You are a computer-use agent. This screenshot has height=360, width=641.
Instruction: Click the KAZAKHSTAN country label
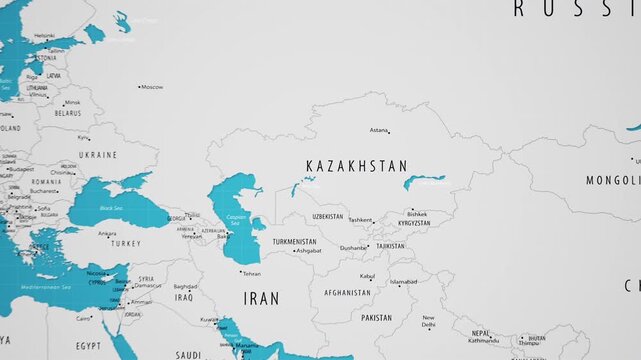356,166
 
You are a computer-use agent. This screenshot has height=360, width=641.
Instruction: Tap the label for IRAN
261,298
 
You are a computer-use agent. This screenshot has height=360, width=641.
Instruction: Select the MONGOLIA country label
613,181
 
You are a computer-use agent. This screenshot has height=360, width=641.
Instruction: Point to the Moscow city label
152,87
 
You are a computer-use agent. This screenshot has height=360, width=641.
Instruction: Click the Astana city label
379,130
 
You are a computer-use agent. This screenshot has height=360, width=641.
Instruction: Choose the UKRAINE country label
98,155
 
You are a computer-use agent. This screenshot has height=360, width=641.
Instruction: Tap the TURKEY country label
126,243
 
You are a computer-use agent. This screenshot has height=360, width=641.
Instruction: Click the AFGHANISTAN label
347,293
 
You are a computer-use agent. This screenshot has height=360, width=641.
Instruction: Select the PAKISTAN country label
377,318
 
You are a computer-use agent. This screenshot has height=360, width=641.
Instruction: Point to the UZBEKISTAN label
328,216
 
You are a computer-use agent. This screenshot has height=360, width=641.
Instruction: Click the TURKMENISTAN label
295,242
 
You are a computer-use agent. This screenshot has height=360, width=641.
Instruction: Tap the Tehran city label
251,273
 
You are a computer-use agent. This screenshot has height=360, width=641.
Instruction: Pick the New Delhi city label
428,321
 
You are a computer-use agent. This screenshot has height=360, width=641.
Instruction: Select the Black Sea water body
112,208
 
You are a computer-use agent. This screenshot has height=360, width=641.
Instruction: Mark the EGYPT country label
89,345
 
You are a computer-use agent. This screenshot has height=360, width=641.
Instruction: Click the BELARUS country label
67,114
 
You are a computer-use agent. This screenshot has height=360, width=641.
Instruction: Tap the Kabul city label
367,276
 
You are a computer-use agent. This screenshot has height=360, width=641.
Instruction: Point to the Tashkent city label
360,220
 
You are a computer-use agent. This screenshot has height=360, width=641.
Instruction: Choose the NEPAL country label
482,333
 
